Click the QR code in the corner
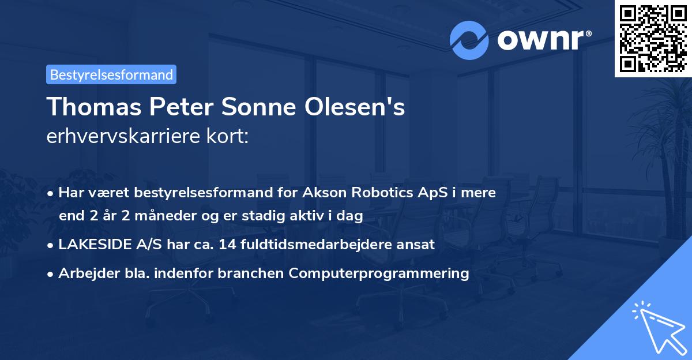tap(653, 38)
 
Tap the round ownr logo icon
tap(470, 40)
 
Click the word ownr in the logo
tap(543, 40)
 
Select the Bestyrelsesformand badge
tap(111, 74)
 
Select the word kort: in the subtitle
tap(229, 137)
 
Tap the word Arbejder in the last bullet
tap(84, 273)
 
